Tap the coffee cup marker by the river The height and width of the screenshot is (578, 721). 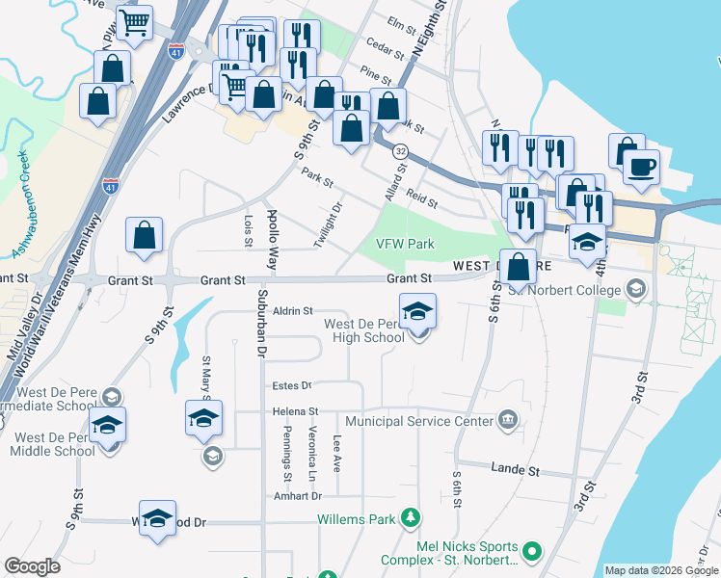(x=639, y=167)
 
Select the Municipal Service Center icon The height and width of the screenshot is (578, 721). (x=509, y=421)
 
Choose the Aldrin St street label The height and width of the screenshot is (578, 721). (x=294, y=311)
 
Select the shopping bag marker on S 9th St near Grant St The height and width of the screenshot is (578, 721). (x=144, y=234)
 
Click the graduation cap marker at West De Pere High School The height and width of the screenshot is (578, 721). (x=418, y=310)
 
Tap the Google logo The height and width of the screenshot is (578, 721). (x=32, y=566)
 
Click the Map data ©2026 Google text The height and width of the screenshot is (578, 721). (x=660, y=570)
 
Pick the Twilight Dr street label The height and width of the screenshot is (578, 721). (x=329, y=223)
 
